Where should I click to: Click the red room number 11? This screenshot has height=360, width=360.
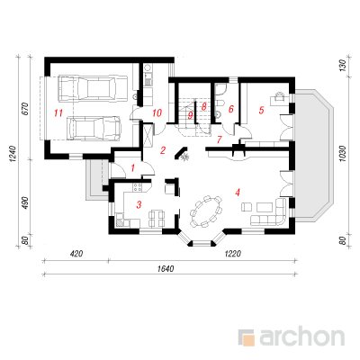coord(58,113)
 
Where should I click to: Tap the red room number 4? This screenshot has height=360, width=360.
coord(238,193)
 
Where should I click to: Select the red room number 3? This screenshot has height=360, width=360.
coord(139,205)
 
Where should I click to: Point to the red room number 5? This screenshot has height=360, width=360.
coord(261,110)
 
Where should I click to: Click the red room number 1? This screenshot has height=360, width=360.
coord(132,168)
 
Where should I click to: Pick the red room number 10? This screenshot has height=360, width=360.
coord(157,113)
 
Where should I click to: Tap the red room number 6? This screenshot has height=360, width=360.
coord(230,109)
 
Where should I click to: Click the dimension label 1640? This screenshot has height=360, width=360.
coord(166,269)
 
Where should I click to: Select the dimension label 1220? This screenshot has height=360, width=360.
coord(232,254)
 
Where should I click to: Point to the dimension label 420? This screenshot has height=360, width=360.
coord(76,254)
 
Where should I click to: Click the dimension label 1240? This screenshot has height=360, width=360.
coord(13,154)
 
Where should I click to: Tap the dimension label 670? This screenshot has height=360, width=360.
coord(25,109)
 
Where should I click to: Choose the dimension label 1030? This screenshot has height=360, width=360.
coord(344,154)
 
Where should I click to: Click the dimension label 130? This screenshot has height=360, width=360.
coord(344,65)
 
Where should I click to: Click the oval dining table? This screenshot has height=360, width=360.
coord(206,211)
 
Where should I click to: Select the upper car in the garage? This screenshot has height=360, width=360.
coord(93,88)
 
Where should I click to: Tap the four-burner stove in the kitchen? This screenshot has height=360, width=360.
coord(138,187)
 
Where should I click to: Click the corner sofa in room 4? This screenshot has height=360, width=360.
coord(268,211)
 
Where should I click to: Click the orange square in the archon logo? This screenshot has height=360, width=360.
coord(248,340)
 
